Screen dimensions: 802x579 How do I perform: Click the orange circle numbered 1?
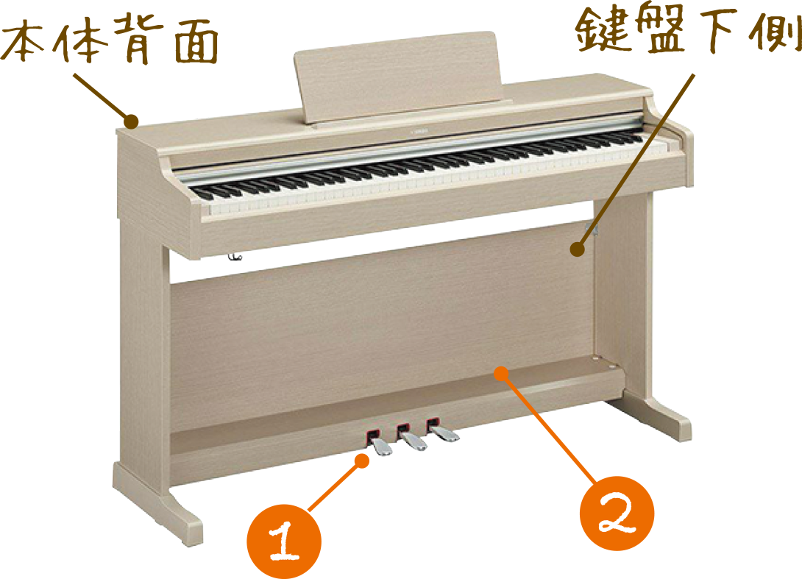284,541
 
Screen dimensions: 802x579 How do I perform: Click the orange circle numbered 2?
617,513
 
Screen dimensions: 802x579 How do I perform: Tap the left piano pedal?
380,444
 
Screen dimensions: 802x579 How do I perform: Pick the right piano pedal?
441,430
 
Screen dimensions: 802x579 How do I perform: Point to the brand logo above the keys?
419,132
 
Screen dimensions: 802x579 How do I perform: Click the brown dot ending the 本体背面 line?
132,121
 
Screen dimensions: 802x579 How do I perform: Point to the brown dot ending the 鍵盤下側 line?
578,249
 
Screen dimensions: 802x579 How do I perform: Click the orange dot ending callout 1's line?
362,461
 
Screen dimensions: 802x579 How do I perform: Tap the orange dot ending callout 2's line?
502,374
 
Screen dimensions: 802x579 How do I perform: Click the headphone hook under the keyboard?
235,256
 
